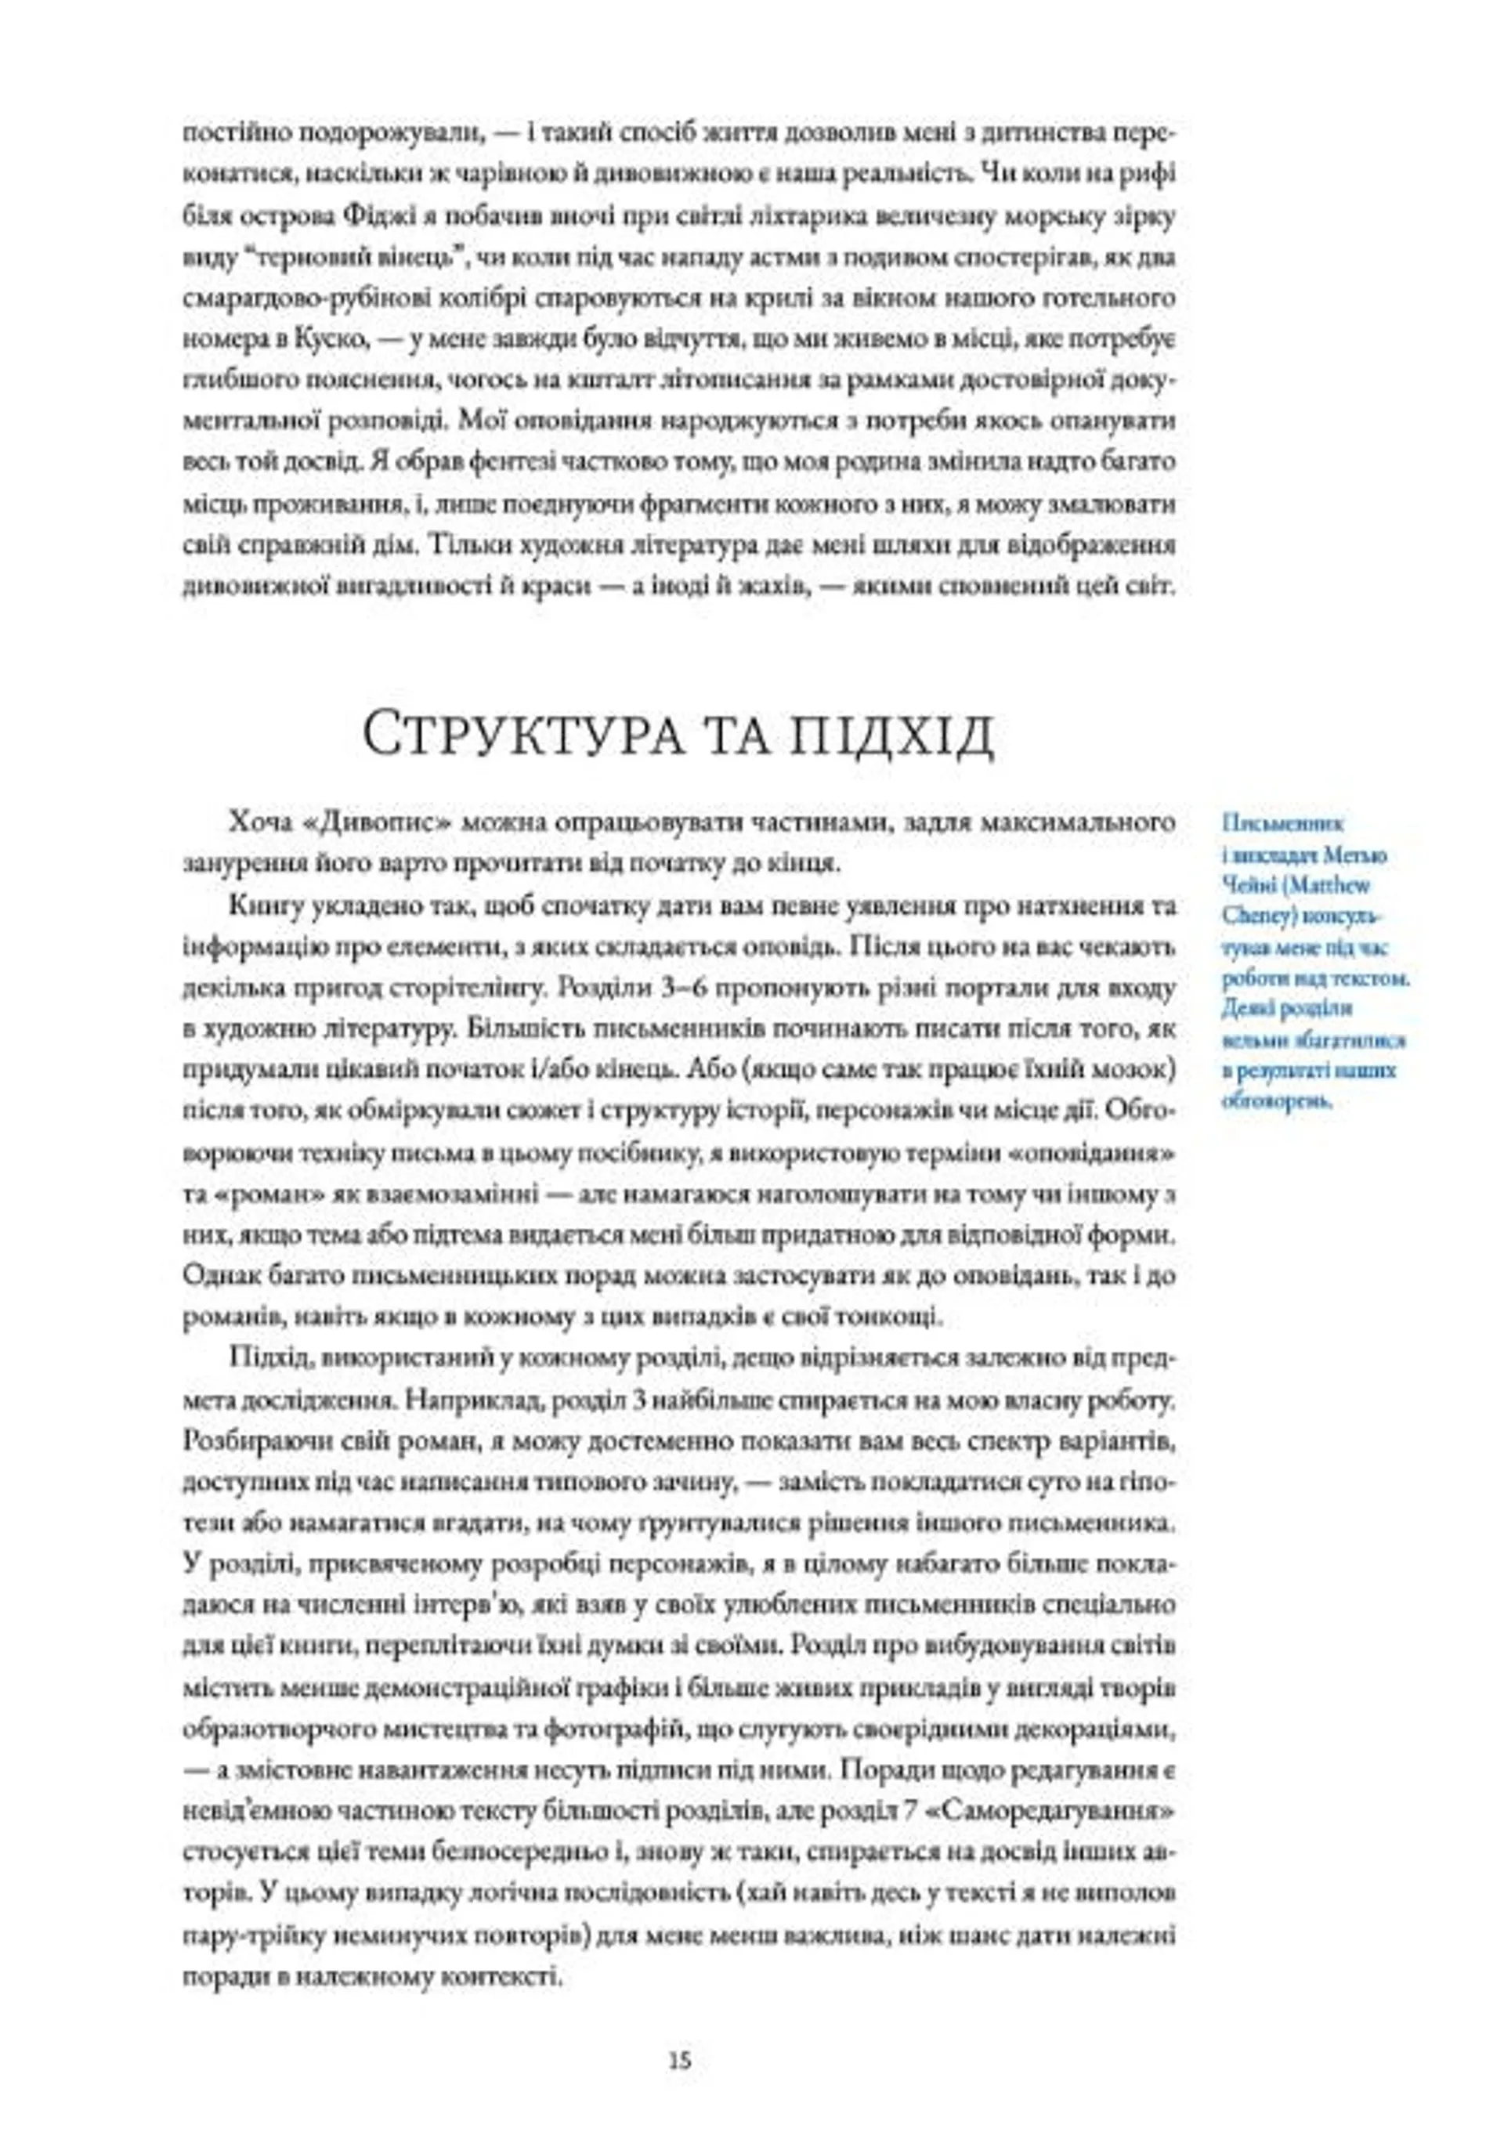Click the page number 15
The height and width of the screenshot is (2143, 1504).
click(x=680, y=2059)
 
